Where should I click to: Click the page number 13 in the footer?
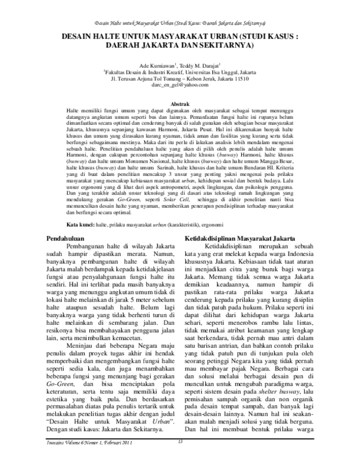click(x=180, y=459)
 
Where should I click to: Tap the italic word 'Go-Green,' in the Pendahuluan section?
click(x=62, y=366)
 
